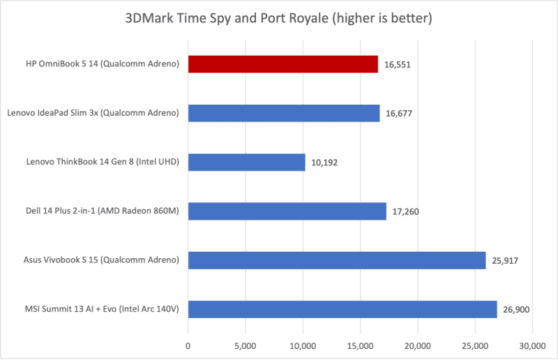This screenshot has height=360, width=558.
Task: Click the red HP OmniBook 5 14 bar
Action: click(x=282, y=64)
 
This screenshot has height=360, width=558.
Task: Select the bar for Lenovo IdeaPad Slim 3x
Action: click(x=284, y=113)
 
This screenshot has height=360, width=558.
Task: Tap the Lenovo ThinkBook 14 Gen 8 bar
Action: click(x=246, y=163)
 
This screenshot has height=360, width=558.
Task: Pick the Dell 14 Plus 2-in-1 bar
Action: click(x=287, y=211)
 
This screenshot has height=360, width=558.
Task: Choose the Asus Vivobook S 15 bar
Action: click(x=337, y=260)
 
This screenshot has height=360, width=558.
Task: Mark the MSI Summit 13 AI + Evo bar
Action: click(x=342, y=309)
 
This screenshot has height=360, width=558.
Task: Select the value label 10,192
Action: click(x=325, y=163)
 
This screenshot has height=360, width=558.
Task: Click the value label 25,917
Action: click(x=506, y=260)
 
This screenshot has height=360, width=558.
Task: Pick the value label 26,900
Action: click(x=517, y=309)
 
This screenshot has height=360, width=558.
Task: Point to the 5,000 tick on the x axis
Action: click(x=245, y=345)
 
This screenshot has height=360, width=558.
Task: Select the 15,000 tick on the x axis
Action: click(x=360, y=345)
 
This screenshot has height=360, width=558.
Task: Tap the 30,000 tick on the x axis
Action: click(x=532, y=345)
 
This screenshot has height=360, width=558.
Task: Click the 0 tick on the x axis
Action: click(x=188, y=345)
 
